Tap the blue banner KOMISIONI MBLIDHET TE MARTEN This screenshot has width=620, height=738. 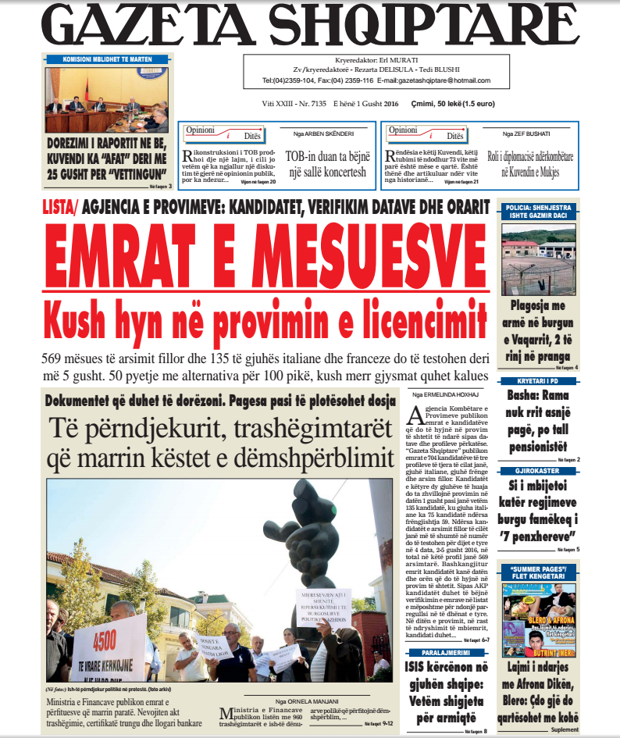pos(107,59)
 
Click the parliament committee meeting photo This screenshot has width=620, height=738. pos(107,99)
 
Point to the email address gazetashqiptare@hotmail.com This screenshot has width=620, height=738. pos(444,81)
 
